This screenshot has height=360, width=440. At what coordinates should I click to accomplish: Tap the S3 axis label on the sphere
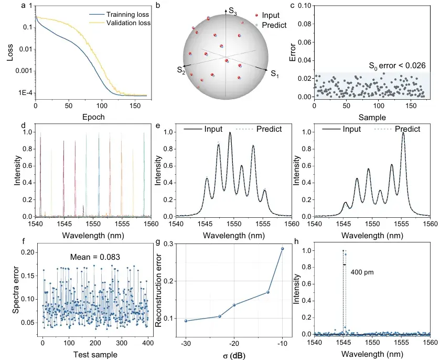(x=233, y=10)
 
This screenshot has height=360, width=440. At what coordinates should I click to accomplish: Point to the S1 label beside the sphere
(x=274, y=75)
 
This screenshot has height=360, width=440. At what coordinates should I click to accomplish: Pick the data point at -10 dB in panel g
(x=282, y=249)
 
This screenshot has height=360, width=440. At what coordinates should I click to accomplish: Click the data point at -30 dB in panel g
(x=186, y=321)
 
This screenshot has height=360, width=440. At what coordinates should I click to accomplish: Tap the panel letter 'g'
(x=165, y=243)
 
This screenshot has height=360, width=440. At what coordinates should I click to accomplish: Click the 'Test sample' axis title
(x=95, y=355)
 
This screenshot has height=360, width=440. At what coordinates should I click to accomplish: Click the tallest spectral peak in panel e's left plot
(x=230, y=133)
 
